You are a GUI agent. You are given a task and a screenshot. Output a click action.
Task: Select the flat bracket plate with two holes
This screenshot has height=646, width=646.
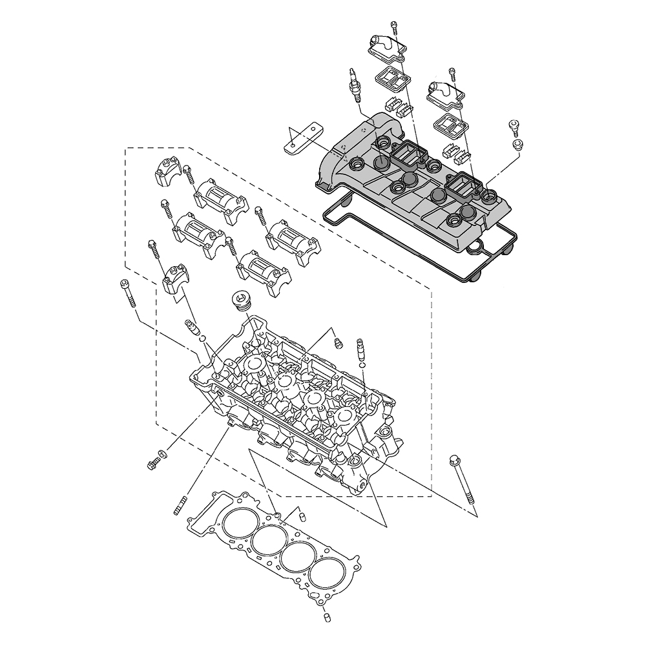[x=301, y=138]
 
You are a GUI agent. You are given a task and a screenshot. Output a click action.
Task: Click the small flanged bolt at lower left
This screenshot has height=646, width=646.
[x=152, y=463]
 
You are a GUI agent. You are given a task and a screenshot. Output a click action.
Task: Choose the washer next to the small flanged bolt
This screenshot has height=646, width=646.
[x=161, y=452]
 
